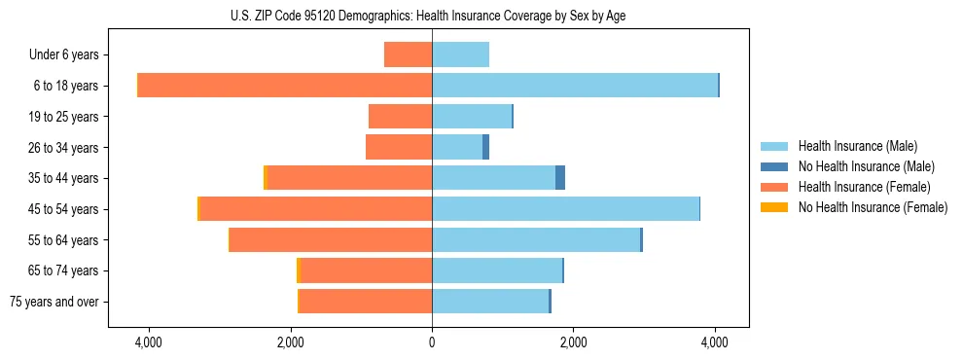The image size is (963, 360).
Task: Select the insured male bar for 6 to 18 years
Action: (575, 86)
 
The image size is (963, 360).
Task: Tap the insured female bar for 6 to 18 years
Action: (285, 86)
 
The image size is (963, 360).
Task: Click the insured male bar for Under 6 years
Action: (460, 54)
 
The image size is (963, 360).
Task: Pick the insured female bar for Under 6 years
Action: (409, 54)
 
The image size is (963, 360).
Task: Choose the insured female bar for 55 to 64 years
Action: (331, 240)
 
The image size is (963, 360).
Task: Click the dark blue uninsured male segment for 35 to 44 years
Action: (560, 178)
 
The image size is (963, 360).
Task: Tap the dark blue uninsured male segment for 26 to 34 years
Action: (485, 147)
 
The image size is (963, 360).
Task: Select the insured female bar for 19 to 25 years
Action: (401, 117)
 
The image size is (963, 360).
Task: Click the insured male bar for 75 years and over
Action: (490, 302)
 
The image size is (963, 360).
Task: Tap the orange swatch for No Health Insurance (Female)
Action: (774, 207)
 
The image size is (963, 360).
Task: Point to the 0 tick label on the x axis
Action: (432, 342)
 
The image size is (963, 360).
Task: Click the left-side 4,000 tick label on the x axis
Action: (149, 342)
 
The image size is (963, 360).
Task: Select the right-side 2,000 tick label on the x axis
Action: (573, 342)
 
